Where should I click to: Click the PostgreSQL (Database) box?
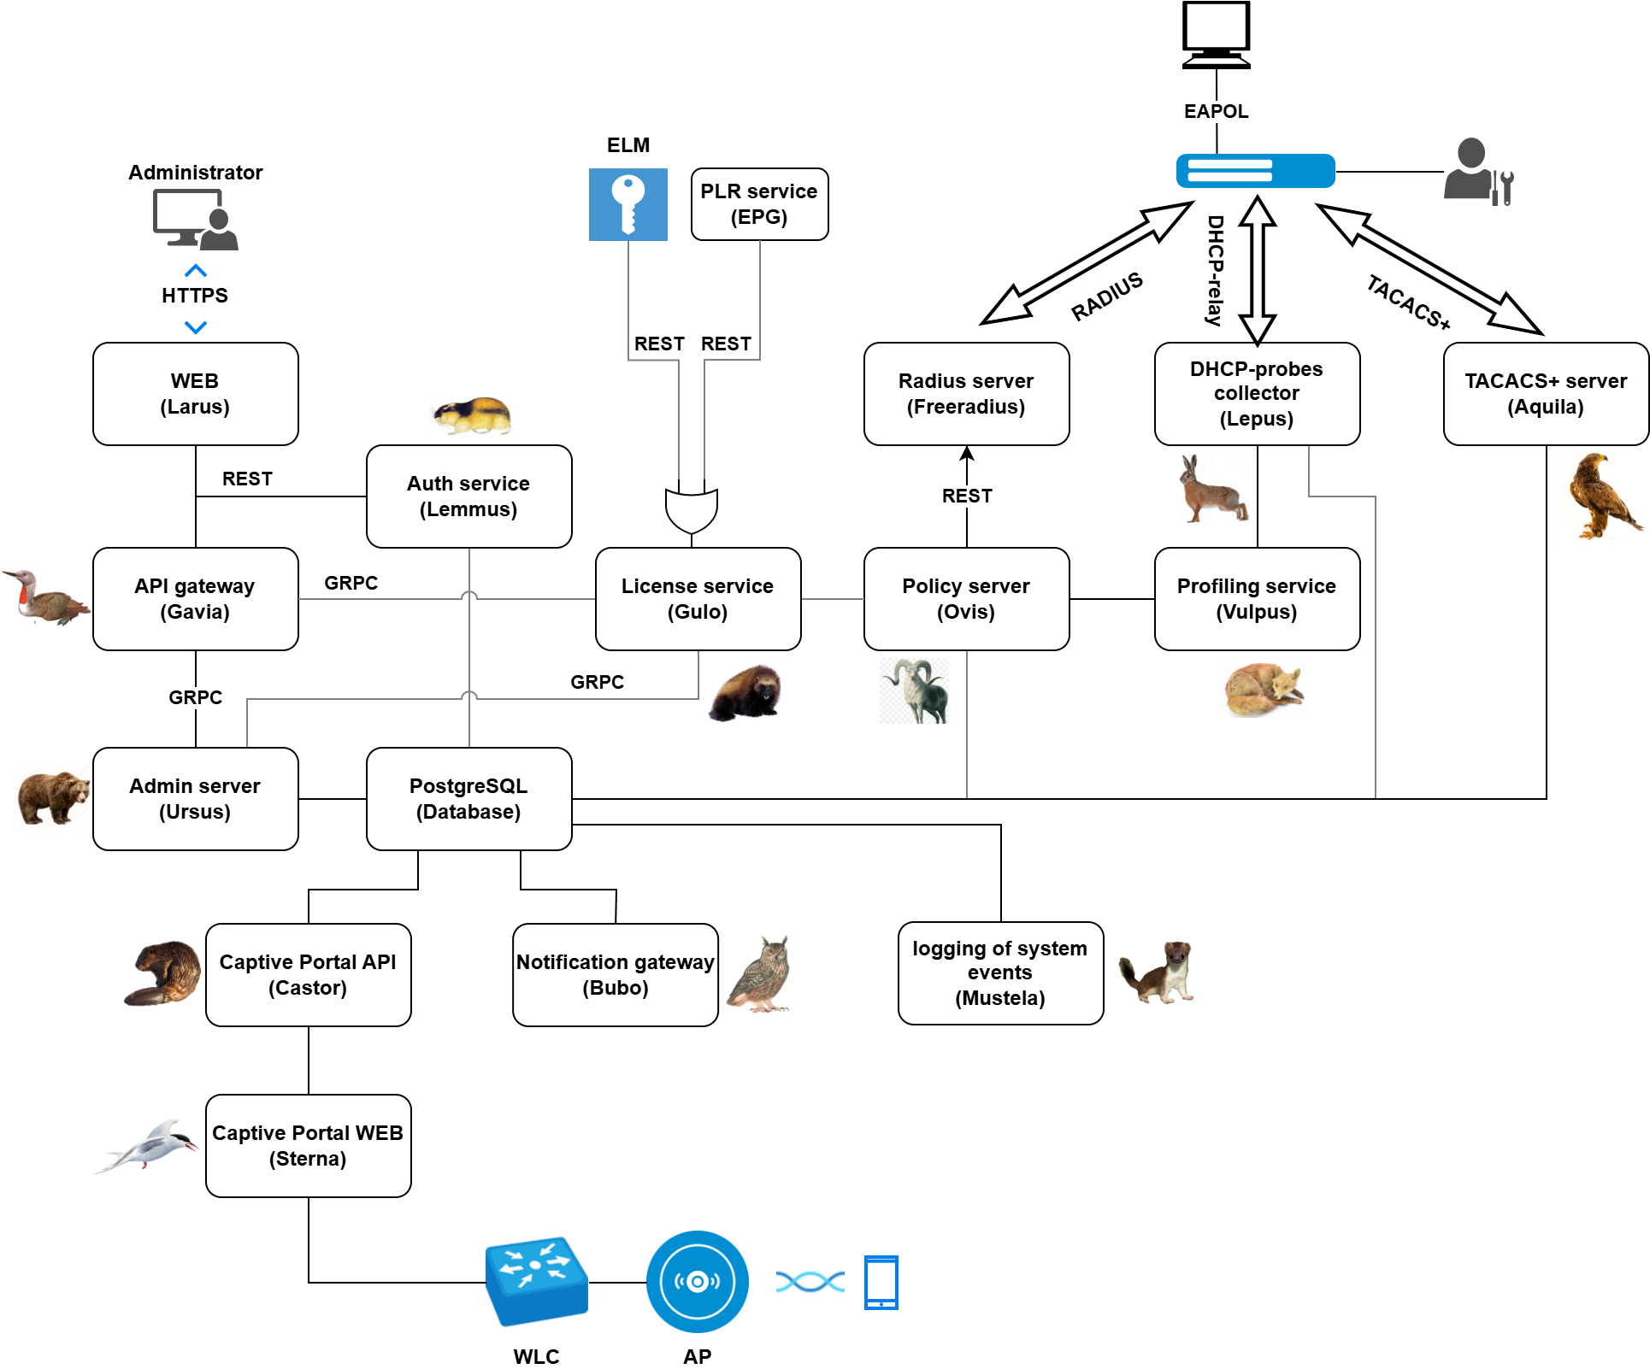click(468, 799)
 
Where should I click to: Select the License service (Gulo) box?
click(698, 599)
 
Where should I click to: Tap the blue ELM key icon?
click(628, 204)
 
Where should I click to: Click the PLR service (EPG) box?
click(759, 204)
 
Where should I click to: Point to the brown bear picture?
click(53, 797)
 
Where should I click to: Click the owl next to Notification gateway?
click(760, 974)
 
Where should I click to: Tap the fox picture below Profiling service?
click(1264, 690)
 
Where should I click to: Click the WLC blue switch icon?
click(536, 1280)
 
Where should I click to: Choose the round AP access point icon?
click(697, 1281)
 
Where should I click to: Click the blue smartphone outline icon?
click(881, 1282)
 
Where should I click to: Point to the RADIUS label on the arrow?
click(1107, 297)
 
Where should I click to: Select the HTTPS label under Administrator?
click(195, 296)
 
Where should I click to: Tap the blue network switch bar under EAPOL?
click(1255, 171)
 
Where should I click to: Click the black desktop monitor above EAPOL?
click(1216, 35)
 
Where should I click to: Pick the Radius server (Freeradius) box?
click(966, 394)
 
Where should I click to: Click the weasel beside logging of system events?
click(1157, 972)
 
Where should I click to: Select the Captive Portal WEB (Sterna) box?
click(308, 1146)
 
